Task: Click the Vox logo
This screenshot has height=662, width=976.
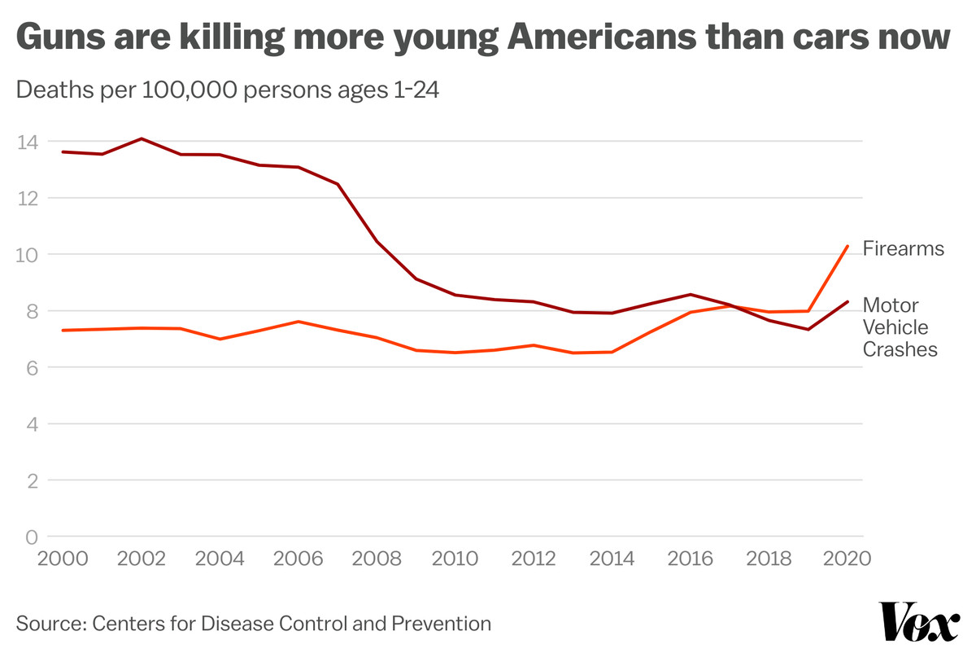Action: tap(920, 623)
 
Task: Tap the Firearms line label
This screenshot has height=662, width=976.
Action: tap(903, 248)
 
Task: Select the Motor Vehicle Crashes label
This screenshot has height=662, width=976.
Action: tap(900, 327)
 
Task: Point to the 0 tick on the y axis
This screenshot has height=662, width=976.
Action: tap(32, 537)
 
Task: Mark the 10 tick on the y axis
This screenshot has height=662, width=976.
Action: tap(27, 255)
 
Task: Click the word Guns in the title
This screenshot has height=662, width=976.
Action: tap(58, 38)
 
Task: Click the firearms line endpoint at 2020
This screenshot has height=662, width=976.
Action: tap(847, 246)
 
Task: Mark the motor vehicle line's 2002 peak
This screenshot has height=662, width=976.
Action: tap(142, 138)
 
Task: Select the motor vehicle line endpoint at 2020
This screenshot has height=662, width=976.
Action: tap(847, 302)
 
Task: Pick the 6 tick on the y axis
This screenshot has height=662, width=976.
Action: tap(32, 367)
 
